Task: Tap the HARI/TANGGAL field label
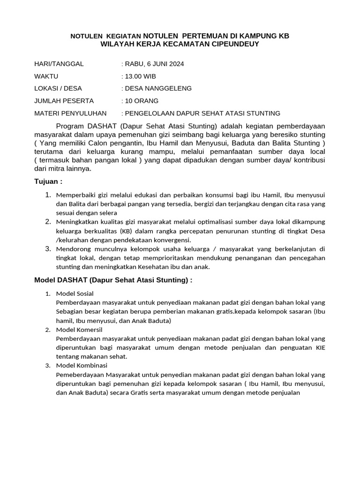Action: pyautogui.click(x=59, y=64)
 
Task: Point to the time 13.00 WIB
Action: pyautogui.click(x=140, y=76)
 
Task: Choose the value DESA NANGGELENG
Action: pyautogui.click(x=157, y=88)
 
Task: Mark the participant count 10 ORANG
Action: pyautogui.click(x=141, y=101)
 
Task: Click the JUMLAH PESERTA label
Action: pyautogui.click(x=64, y=101)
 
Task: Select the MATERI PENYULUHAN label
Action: pyautogui.click(x=70, y=113)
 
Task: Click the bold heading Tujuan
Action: pyautogui.click(x=48, y=181)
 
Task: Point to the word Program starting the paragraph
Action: pyautogui.click(x=70, y=126)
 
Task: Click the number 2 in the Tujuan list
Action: pyautogui.click(x=48, y=221)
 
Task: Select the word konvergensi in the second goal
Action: pyautogui.click(x=172, y=240)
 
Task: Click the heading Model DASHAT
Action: pyautogui.click(x=113, y=280)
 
